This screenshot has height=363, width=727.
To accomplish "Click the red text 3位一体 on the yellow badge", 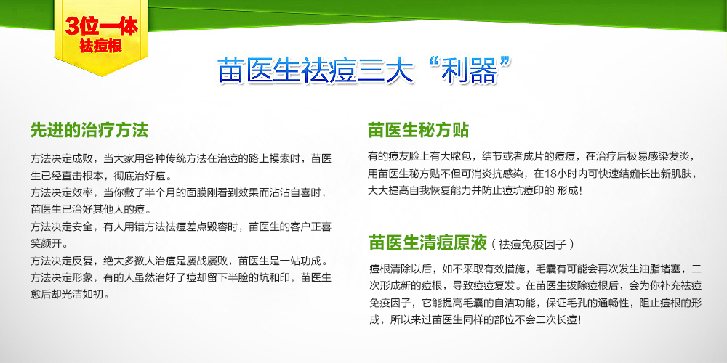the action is pyautogui.click(x=102, y=26).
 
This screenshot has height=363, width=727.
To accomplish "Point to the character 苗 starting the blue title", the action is pyautogui.click(x=231, y=72).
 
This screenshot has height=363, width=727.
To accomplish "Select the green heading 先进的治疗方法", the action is pyautogui.click(x=89, y=130).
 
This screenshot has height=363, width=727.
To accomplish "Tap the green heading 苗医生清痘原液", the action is pyautogui.click(x=428, y=242).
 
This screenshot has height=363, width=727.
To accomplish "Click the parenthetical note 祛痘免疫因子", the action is pyautogui.click(x=533, y=244).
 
